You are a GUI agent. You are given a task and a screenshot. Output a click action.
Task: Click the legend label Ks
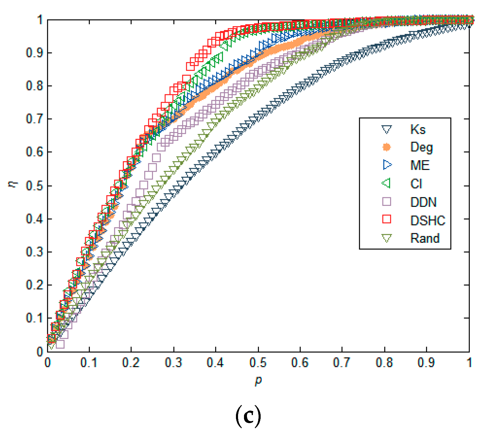[x=418, y=129]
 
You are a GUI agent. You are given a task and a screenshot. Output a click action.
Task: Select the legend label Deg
[x=421, y=147]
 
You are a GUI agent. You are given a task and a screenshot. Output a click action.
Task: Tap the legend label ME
[x=420, y=165]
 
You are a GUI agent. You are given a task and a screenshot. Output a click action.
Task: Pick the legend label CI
[x=416, y=184]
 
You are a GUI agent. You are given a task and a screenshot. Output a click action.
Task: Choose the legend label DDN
[x=423, y=202]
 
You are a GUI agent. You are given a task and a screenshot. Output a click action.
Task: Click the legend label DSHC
[x=428, y=220]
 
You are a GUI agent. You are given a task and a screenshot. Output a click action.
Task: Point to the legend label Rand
[x=425, y=238]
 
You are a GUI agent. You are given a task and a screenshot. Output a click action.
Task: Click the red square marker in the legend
[x=387, y=219]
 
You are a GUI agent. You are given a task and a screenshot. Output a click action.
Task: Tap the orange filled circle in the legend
[x=387, y=147]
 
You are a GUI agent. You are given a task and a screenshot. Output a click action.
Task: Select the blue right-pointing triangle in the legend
[x=387, y=165]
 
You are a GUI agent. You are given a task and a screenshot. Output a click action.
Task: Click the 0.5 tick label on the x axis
[x=258, y=362]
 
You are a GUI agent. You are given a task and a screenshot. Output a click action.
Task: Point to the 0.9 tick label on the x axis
[x=426, y=362]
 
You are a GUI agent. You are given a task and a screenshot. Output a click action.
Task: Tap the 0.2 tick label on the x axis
[x=131, y=362]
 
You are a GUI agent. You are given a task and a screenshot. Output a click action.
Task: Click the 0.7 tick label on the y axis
[x=35, y=119]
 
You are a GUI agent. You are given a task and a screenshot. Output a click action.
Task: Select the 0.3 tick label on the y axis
[x=35, y=252]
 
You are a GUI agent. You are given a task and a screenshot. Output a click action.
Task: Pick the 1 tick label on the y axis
[x=40, y=20]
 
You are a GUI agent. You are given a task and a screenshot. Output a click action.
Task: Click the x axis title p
[x=258, y=380]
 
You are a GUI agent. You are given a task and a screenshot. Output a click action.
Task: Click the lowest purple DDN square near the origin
[x=60, y=344]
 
